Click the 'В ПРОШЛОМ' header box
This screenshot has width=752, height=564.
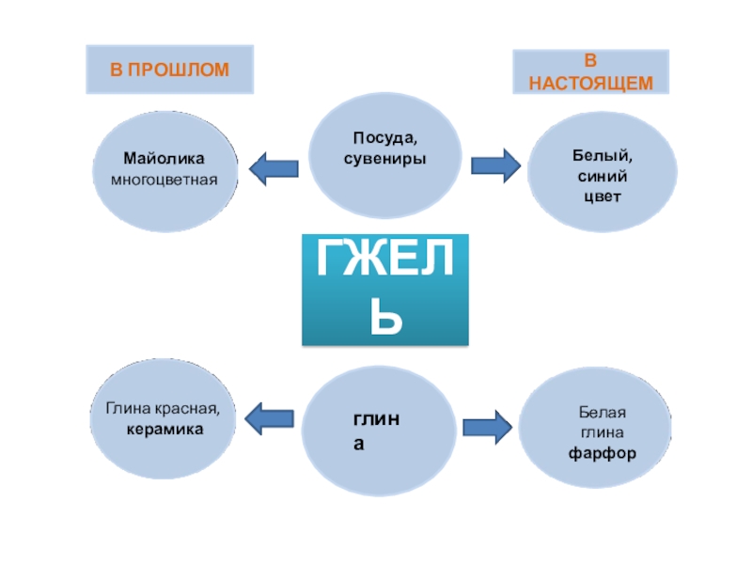click(169, 68)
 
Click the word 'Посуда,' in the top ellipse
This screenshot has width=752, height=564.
click(384, 139)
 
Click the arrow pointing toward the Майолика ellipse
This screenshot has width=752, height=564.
click(274, 167)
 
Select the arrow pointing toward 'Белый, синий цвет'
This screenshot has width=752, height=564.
click(494, 165)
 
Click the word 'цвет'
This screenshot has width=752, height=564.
click(602, 197)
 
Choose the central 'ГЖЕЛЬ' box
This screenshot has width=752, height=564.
click(385, 290)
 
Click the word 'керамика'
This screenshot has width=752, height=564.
click(165, 428)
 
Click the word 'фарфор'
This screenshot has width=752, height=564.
click(602, 452)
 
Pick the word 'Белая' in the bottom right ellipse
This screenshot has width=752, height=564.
click(602, 414)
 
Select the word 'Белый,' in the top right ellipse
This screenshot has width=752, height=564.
click(602, 157)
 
